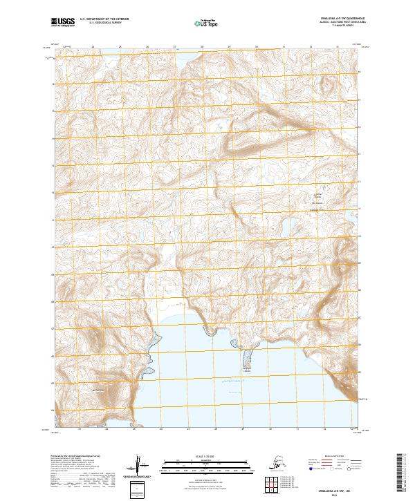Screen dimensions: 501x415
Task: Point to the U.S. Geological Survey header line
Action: click(x=100, y=24)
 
